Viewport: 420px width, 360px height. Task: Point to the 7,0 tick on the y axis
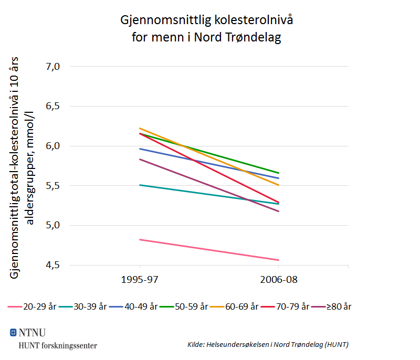point(54,67)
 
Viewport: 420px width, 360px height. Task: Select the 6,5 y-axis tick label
point(54,106)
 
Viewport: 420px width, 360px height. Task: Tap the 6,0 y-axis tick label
point(54,146)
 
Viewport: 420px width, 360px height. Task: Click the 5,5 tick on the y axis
point(54,186)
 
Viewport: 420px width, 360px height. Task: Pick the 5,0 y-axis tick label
point(54,225)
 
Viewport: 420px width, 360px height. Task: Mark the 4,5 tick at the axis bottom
point(54,265)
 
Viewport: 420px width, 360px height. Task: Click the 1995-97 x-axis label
point(140,280)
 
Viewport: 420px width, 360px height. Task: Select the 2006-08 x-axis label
point(278,280)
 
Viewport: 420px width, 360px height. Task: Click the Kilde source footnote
point(268,345)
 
